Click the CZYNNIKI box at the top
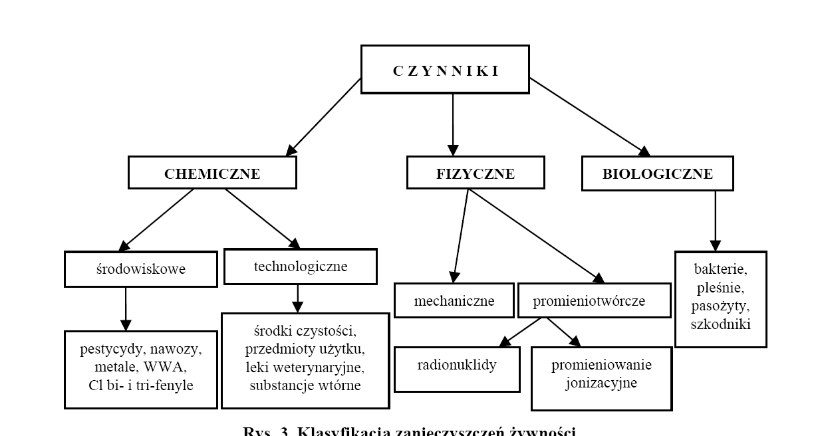tap(445, 70)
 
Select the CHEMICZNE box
tap(212, 173)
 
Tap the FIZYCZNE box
tap(476, 173)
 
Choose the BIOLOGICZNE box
tap(657, 173)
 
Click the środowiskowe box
tap(141, 269)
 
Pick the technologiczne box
tap(301, 267)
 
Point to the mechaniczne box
tap(454, 300)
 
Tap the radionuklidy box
tap(457, 366)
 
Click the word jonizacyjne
tap(601, 383)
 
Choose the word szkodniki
tap(720, 324)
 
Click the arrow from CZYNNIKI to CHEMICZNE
tap(324, 117)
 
